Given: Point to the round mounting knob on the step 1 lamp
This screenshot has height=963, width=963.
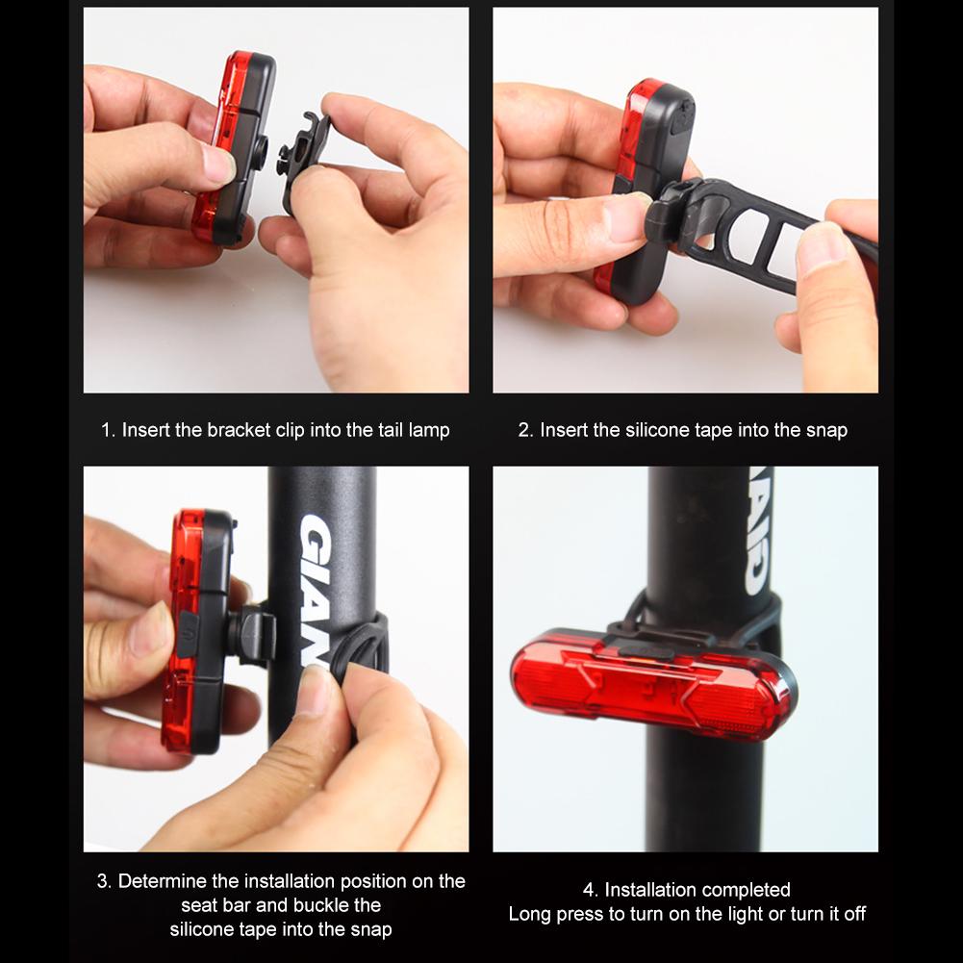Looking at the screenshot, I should pyautogui.click(x=262, y=147).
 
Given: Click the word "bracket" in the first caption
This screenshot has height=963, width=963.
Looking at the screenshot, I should pyautogui.click(x=238, y=430).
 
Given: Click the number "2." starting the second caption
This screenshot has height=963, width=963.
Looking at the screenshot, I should pyautogui.click(x=525, y=430).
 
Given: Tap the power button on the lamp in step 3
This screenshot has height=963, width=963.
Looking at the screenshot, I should pyautogui.click(x=189, y=634).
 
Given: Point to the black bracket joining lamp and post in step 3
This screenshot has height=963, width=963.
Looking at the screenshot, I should pyautogui.click(x=252, y=635).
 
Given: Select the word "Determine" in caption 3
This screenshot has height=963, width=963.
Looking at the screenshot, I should pyautogui.click(x=165, y=881).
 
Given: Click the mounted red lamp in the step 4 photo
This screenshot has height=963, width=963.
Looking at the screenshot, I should pyautogui.click(x=654, y=685).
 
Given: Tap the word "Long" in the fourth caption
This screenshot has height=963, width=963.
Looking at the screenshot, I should pyautogui.click(x=530, y=914).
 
